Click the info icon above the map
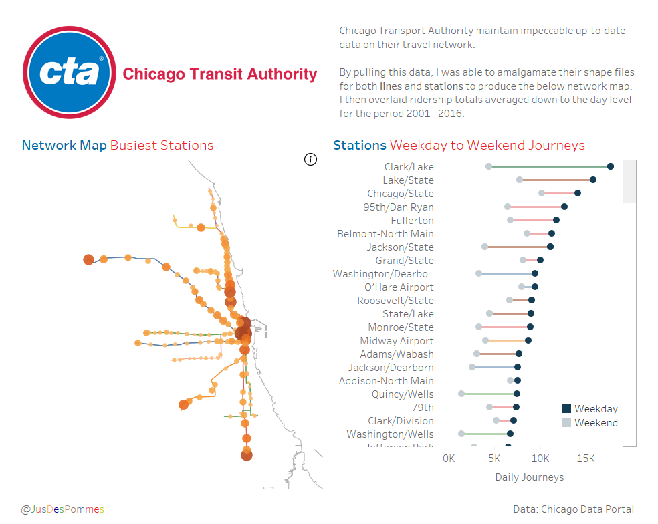tap(310, 159)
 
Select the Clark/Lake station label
tap(409, 167)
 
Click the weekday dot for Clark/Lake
tap(611, 166)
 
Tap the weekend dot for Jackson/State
tap(485, 247)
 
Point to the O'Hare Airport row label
tap(399, 287)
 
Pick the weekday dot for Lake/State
tap(593, 180)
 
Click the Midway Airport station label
tap(397, 341)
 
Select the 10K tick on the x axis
tap(540, 459)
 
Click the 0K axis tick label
tap(449, 459)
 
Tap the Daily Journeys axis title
tap(529, 477)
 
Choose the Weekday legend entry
tap(589, 408)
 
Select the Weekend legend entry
tap(589, 422)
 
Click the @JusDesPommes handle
tap(62, 509)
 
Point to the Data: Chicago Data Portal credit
tap(573, 509)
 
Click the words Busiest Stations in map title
tap(162, 146)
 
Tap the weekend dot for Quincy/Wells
tap(461, 394)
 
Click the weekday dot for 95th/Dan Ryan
tap(564, 207)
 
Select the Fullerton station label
tap(412, 221)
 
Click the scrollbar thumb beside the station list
tap(629, 181)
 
